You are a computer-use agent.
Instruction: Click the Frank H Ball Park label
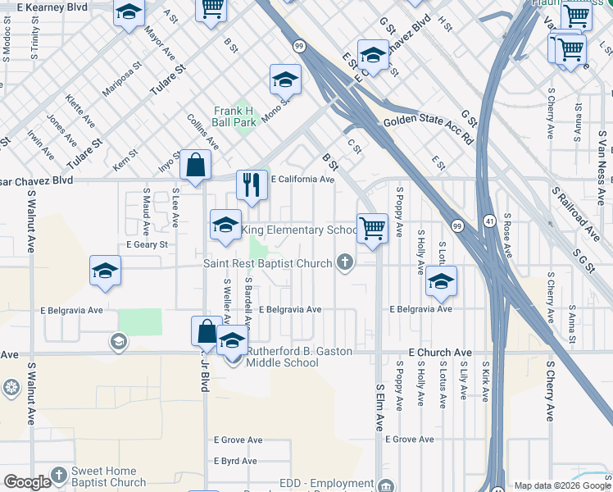[x=234, y=116]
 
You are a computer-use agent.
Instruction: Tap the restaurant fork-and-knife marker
[x=252, y=184]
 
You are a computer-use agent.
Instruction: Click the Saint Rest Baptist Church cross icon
[x=346, y=262]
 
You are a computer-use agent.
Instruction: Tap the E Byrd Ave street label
[x=238, y=461]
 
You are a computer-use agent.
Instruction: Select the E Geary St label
[x=147, y=244]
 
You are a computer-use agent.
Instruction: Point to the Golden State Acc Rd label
[x=429, y=126]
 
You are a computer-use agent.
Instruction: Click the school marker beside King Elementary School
[x=225, y=226]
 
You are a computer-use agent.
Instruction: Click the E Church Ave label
[x=425, y=352]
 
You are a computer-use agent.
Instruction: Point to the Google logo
[x=27, y=482]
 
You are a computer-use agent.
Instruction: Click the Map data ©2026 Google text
[x=561, y=485]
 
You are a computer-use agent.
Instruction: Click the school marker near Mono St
[x=285, y=80]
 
